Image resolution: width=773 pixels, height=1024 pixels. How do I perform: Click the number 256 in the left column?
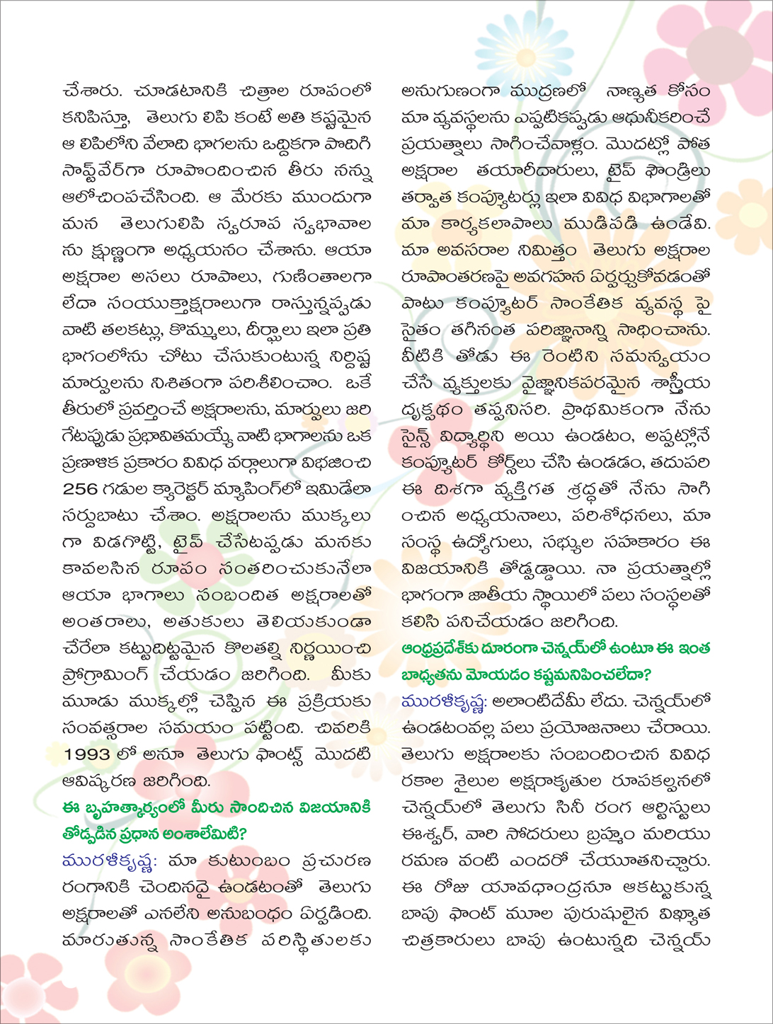click(x=84, y=489)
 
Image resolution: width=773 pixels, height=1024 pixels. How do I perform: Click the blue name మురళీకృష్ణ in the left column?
click(x=109, y=861)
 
